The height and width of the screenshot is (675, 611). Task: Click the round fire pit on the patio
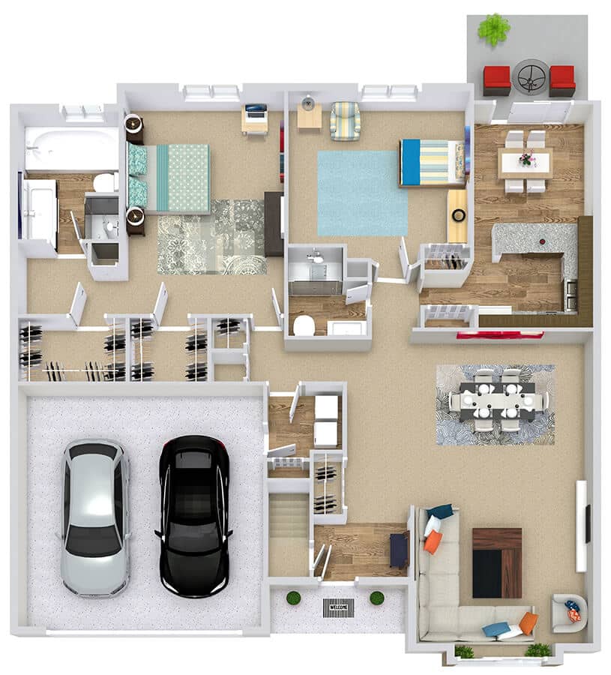pyautogui.click(x=530, y=76)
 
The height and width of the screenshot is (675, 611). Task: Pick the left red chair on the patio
pyautogui.click(x=496, y=80)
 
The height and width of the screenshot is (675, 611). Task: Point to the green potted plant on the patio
pyautogui.click(x=493, y=28)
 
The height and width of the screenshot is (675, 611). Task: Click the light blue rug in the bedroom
pyautogui.click(x=362, y=193)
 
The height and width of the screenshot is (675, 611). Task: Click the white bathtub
pyautogui.click(x=71, y=148)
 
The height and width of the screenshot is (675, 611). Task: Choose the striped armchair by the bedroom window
pyautogui.click(x=345, y=121)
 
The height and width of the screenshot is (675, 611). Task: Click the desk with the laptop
pyautogui.click(x=255, y=118)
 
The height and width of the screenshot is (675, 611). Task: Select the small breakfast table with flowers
pyautogui.click(x=525, y=161)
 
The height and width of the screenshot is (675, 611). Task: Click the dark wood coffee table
pyautogui.click(x=496, y=562)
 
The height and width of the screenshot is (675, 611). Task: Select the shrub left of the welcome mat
pyautogui.click(x=293, y=598)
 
